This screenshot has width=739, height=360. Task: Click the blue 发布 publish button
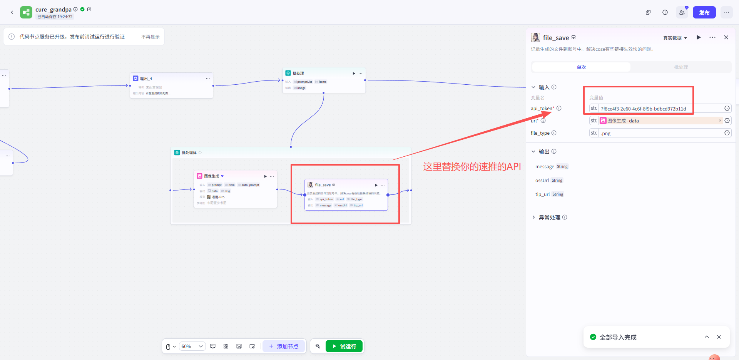point(704,12)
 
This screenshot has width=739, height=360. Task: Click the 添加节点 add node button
point(284,346)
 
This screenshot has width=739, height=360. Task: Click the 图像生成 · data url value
point(654,121)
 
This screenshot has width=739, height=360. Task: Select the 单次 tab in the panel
point(581,67)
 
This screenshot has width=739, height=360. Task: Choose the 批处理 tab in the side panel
point(680,67)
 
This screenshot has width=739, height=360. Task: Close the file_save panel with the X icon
point(726,37)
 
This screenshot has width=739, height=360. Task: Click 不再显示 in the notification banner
point(150,37)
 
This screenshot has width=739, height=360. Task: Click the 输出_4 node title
point(146,79)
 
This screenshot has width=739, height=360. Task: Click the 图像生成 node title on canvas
point(211,176)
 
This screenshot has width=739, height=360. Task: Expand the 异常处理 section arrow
point(533,217)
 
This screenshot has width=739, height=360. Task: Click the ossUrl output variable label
point(542,180)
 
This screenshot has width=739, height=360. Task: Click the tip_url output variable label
point(542,194)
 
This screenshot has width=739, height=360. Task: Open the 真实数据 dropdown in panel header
point(675,38)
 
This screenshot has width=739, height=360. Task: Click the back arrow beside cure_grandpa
point(12,12)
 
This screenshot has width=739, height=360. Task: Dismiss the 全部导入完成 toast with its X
point(719,337)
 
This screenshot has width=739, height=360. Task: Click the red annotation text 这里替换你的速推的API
point(472,167)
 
